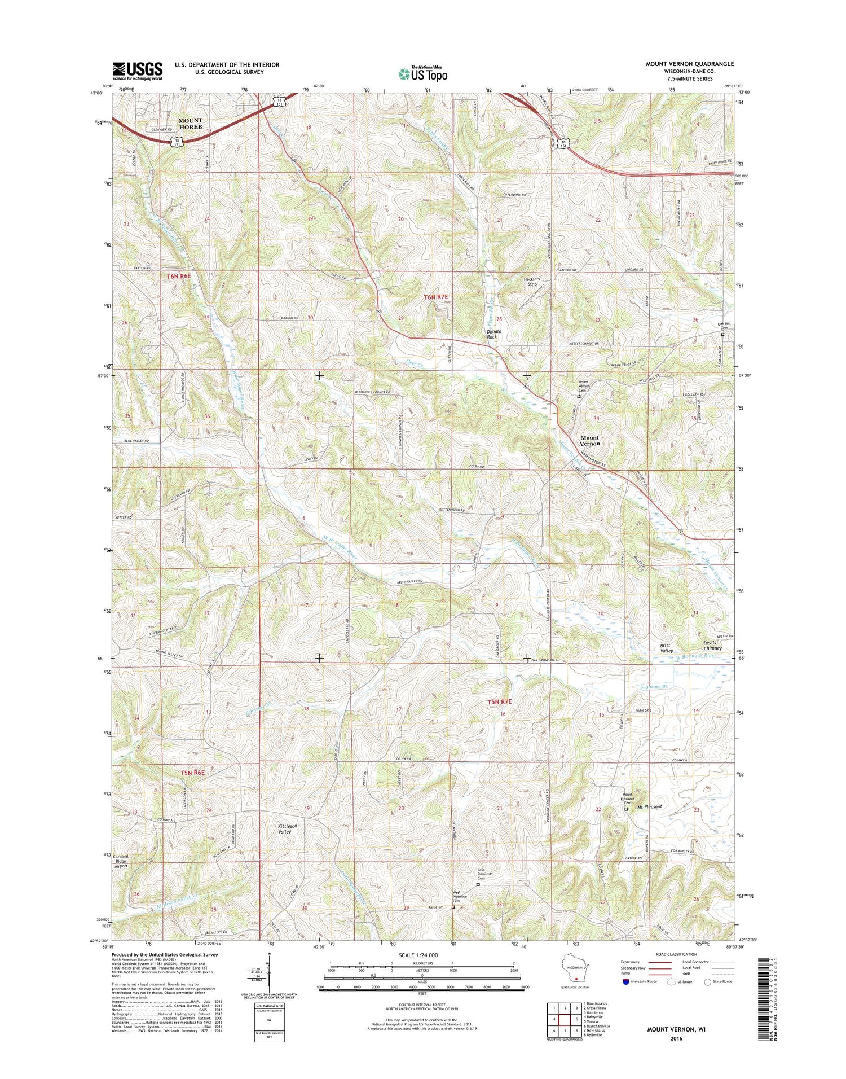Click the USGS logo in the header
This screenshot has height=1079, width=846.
coord(137,70)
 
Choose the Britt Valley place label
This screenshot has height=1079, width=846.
coord(667,648)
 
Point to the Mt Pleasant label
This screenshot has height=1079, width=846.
coord(649,806)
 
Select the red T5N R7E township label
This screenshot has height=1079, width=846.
coord(499,702)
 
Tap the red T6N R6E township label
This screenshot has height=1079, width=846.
coord(179,277)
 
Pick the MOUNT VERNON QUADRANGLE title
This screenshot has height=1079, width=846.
coord(690,64)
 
